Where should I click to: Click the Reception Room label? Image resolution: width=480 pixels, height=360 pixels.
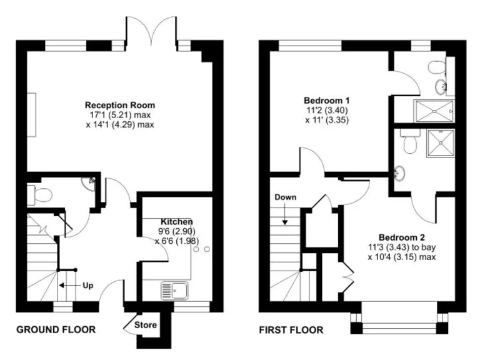(x=120, y=105)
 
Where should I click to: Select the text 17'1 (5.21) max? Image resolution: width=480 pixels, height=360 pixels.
(x=120, y=115)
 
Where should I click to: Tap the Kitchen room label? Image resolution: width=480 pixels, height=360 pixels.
(x=176, y=222)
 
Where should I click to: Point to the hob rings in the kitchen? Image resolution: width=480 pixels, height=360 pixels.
(x=201, y=249)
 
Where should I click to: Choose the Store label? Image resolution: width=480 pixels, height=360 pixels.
(x=146, y=325)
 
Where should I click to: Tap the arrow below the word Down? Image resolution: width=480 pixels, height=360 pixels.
(x=284, y=215)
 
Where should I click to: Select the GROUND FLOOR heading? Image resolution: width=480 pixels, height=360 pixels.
(x=56, y=329)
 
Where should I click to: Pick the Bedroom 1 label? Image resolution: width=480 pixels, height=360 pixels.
(x=326, y=101)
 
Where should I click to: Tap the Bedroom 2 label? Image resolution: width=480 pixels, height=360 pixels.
(x=401, y=237)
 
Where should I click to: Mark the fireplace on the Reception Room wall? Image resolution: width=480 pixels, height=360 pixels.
(x=31, y=114)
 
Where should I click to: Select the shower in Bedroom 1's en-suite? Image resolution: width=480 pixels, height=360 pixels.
(x=433, y=111)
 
